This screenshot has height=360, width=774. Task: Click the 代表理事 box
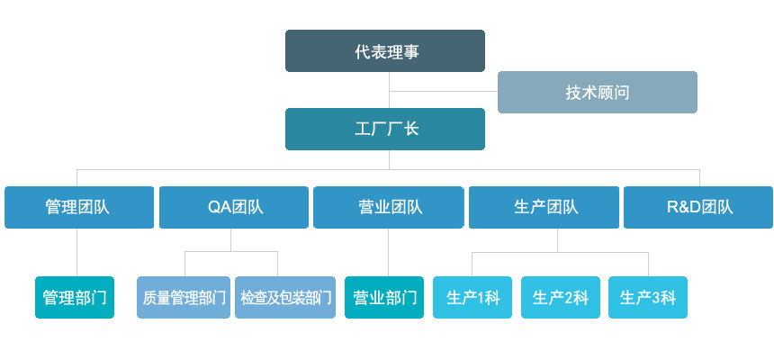(385, 51)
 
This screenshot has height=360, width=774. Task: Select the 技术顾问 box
(598, 93)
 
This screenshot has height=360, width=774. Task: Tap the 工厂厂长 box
(385, 129)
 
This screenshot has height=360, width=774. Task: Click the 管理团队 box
(79, 207)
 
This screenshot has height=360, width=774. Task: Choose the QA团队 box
(234, 207)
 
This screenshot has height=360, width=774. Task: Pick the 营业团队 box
(389, 207)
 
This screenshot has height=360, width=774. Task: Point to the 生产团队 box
(544, 207)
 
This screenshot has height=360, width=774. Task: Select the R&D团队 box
(698, 207)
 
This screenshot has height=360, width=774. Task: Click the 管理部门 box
(75, 297)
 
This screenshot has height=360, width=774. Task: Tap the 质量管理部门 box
(184, 297)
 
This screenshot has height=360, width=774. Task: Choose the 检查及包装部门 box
(285, 297)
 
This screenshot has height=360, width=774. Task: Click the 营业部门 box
(384, 297)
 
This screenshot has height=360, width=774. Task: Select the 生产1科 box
(472, 297)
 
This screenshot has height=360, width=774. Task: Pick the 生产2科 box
(561, 297)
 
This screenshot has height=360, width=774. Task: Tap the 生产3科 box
(648, 297)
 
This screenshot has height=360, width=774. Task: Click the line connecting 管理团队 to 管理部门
(77, 252)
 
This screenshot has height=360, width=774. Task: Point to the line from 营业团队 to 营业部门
(389, 252)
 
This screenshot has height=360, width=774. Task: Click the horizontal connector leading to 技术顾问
(444, 92)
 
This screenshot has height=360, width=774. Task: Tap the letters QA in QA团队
(216, 207)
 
